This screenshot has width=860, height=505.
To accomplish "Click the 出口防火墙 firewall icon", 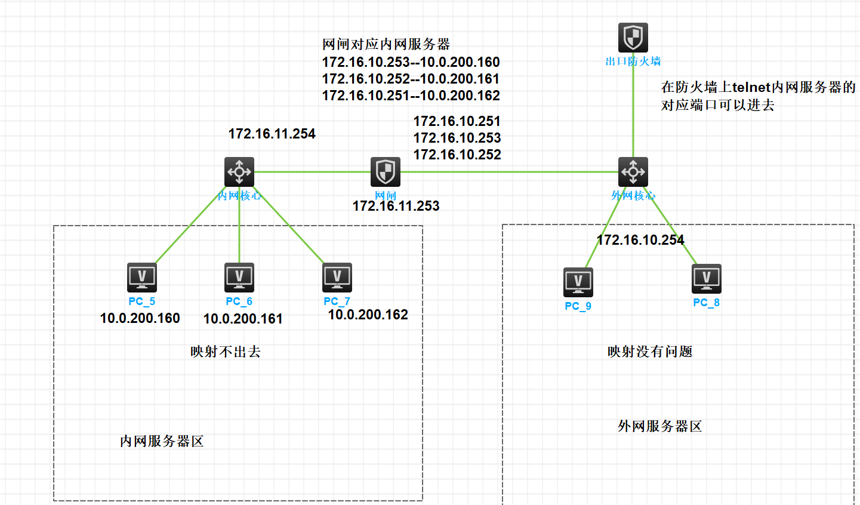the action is [x=633, y=37].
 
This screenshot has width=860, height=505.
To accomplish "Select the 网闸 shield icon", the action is [x=385, y=172].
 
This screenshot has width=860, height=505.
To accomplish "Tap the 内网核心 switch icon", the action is [x=239, y=172].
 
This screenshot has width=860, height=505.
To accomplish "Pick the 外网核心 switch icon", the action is [x=633, y=172].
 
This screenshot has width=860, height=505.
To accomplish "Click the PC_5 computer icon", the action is [x=141, y=277].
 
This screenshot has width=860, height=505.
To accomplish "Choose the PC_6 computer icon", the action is [x=239, y=277].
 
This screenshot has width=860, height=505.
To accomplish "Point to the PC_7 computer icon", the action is [x=337, y=277].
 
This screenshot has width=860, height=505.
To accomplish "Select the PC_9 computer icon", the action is [x=578, y=282].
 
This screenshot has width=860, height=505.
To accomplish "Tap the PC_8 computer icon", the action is [x=706, y=279].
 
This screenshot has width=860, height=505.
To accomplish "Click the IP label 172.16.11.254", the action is [x=272, y=134].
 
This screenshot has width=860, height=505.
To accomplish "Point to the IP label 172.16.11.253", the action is [x=396, y=206].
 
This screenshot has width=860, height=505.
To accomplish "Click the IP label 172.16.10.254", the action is [x=640, y=240].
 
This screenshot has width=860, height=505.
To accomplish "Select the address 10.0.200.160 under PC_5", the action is [x=140, y=318].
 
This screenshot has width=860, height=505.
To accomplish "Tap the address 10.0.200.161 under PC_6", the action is [x=243, y=319].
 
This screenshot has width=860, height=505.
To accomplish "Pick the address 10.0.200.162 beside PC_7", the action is [x=368, y=315].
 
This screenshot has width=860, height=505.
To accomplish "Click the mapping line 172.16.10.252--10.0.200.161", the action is [x=411, y=79].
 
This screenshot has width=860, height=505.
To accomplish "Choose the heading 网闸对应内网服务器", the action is [x=386, y=44].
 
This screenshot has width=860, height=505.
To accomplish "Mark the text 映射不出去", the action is [x=226, y=352].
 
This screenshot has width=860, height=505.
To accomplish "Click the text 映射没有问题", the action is [x=650, y=352].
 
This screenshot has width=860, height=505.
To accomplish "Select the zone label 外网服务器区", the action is [x=659, y=426].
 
